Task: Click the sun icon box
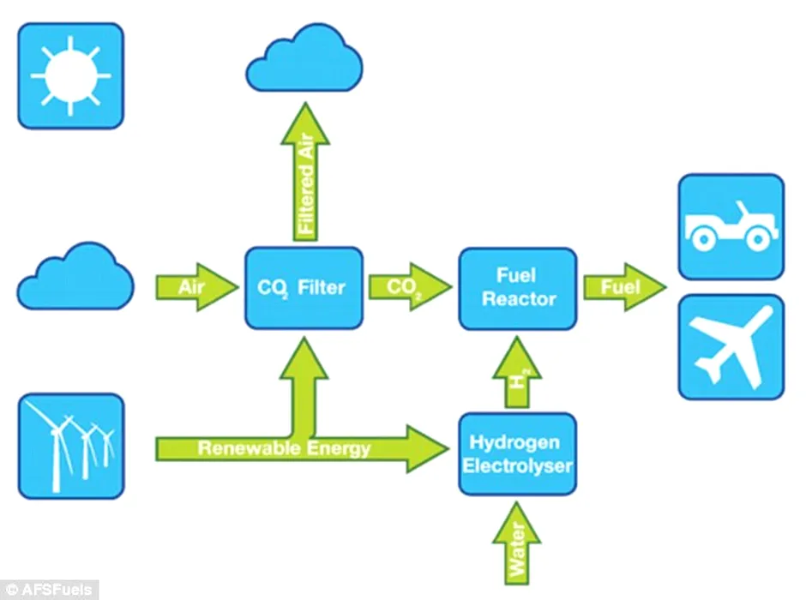70,75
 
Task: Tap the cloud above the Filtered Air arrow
304,62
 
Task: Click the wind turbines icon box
70,446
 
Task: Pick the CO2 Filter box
304,288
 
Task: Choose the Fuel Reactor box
517,288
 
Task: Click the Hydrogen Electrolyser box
516,453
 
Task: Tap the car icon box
731,226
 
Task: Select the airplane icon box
731,347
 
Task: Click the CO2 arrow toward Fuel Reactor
408,287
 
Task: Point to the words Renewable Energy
284,448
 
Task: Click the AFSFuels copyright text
49,590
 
